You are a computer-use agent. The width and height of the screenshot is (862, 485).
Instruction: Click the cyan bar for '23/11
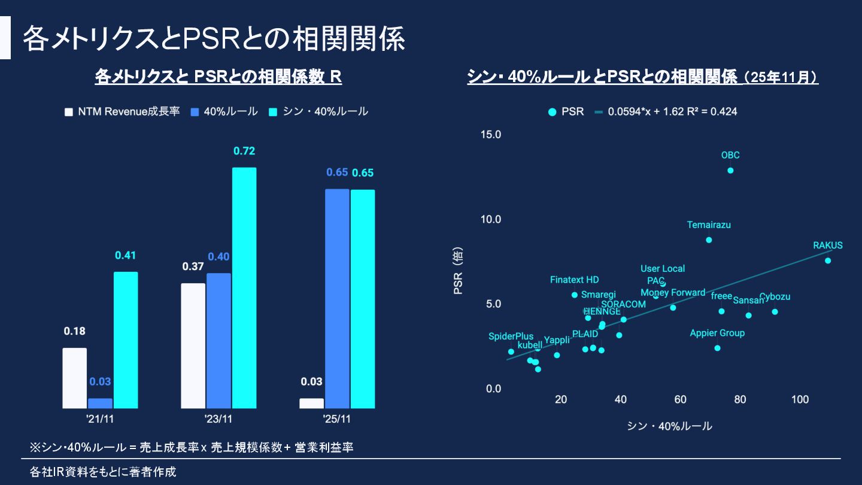coord(244,288)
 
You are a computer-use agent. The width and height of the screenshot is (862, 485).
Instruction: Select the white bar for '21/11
coord(75,378)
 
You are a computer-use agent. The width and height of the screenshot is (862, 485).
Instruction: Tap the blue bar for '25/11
coord(337,299)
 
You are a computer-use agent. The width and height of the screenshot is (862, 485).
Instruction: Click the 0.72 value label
coord(244,151)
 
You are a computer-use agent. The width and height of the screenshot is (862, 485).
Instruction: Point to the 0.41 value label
coord(126,256)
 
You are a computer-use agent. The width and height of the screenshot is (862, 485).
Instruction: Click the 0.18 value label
coord(75,331)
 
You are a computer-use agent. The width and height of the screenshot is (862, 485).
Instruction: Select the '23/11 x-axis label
coord(218,419)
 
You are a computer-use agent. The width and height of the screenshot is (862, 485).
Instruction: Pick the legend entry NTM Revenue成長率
coord(122,111)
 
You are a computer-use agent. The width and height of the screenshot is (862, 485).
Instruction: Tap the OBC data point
coord(730,171)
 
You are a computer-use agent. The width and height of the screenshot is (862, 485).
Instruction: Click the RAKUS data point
coord(828,260)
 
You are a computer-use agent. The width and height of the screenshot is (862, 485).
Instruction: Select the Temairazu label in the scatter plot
coord(709,225)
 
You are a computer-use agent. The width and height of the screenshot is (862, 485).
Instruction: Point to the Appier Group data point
coord(717,348)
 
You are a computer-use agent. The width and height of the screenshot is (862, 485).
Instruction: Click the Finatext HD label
coord(575,280)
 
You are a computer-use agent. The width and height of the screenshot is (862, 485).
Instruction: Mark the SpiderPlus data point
coord(511,351)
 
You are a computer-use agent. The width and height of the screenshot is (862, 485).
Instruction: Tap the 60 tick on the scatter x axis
coord(681,399)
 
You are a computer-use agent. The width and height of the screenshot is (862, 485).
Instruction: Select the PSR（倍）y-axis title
coord(459,272)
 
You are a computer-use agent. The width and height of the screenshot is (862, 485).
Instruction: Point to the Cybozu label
coord(775,297)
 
